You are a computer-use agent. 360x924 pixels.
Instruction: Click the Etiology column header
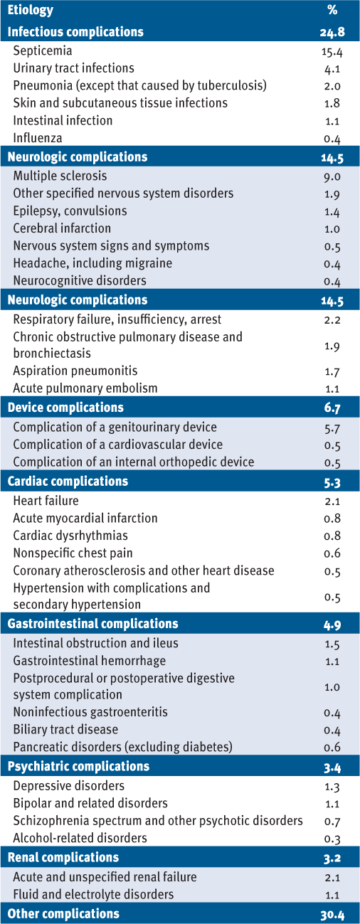coord(31,10)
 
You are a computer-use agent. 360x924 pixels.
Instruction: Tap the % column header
coord(332,10)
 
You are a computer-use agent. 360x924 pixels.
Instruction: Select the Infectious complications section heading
coord(75,32)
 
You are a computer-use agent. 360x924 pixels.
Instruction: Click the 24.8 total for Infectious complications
coord(332,32)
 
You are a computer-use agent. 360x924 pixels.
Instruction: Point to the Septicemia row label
coord(43,51)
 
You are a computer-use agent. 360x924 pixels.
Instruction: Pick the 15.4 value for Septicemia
coord(332,51)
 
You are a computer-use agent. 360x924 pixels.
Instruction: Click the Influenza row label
coord(38,138)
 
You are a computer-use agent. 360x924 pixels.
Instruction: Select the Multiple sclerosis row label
coord(60,176)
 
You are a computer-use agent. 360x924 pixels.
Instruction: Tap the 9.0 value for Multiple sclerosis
coord(332,177)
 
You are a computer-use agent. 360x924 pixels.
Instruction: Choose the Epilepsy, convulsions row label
coord(70,211)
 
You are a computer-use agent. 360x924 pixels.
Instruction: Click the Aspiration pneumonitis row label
coord(75,371)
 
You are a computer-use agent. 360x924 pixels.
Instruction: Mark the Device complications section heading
coord(65,407)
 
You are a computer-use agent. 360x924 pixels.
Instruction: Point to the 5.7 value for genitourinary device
coord(332,428)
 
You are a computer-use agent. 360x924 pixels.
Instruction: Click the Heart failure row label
coord(46,500)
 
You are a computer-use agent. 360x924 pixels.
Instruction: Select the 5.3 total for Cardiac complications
coord(332,482)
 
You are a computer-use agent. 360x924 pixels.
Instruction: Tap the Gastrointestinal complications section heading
coord(92,623)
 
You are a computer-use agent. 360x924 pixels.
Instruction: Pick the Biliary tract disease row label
coord(65,729)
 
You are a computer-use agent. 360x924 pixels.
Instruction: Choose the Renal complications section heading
coord(63,857)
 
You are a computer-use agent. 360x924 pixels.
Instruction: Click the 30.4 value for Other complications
coord(332,915)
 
